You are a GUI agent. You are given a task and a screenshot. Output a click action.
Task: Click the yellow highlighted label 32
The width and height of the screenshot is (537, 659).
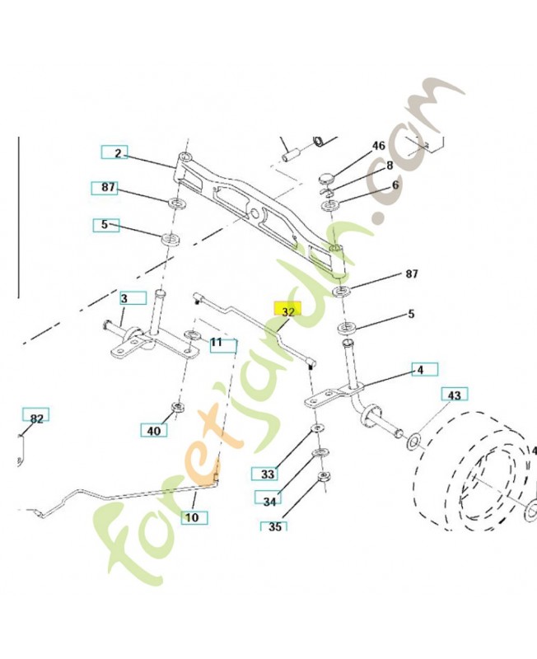pos(288,312)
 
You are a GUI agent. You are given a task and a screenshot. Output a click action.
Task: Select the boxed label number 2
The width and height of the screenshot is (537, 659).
pos(116,153)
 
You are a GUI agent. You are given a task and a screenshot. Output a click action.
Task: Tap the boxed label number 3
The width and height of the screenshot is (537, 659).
pos(124,298)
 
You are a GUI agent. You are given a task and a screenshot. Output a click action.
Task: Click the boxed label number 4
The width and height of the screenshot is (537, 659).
pos(421,370)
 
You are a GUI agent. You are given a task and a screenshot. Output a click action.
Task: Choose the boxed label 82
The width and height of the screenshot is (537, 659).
pos(35,419)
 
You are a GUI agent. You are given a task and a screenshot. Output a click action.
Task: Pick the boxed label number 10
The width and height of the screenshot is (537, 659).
pos(190,518)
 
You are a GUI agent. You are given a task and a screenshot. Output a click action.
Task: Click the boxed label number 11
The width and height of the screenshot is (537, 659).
pos(217,343)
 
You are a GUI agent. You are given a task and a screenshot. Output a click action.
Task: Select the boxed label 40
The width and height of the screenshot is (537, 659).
pos(153,429)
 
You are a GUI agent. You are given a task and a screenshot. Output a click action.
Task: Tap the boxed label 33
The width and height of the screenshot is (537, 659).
pos(266,474)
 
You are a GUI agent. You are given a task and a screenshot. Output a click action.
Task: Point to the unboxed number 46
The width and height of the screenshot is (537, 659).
pos(378,146)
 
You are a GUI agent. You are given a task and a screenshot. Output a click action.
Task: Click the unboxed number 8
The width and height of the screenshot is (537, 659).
pos(390,166)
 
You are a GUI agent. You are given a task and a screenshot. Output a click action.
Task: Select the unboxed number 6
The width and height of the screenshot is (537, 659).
pos(395,185)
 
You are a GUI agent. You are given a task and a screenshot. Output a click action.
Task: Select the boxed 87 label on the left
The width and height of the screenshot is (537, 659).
pos(108,188)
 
